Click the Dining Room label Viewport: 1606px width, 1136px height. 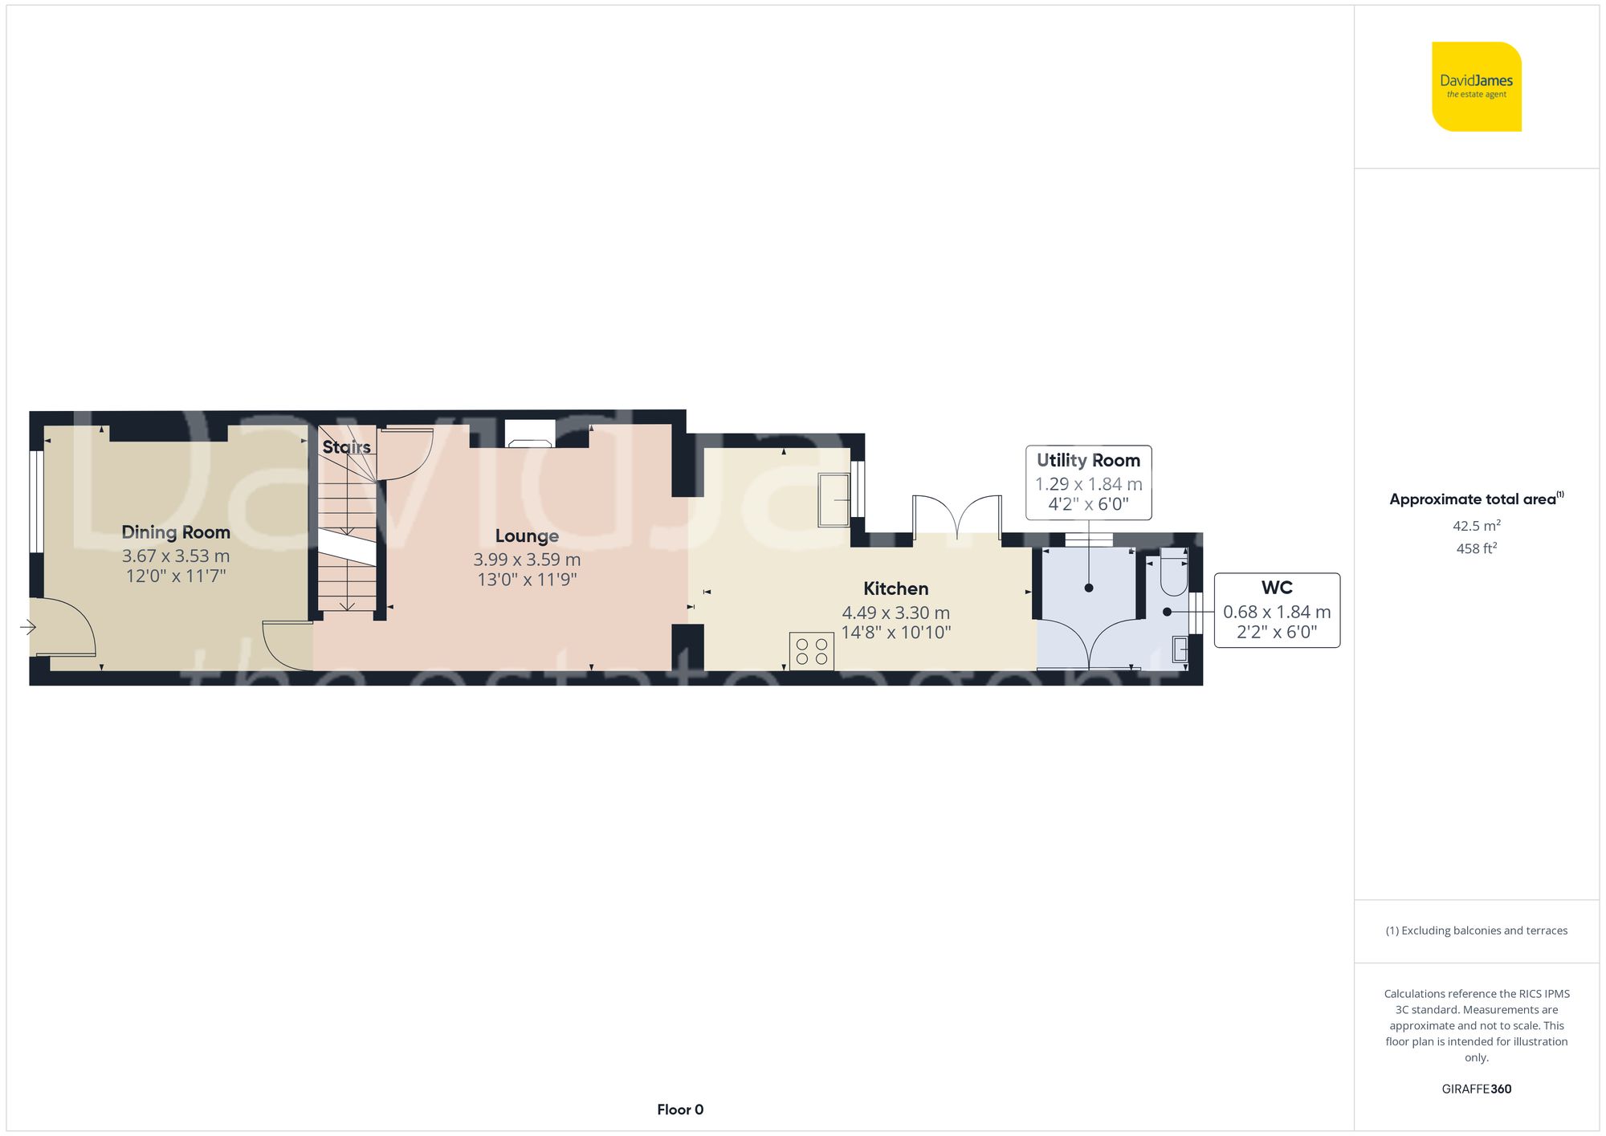(176, 532)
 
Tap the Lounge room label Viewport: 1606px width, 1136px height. (527, 536)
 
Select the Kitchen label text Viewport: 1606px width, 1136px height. (895, 588)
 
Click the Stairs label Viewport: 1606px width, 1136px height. (346, 447)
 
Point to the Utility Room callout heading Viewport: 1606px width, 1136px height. (1088, 461)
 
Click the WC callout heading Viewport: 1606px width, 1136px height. (1277, 588)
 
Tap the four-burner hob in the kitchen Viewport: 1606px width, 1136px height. (812, 651)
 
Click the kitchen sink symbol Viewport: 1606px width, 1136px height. (834, 500)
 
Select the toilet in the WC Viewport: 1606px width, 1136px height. (1174, 572)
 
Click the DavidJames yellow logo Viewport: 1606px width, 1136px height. (1477, 87)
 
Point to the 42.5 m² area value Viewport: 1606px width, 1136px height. (1477, 526)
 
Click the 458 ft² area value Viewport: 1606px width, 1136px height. (1477, 548)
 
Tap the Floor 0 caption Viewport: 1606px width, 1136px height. (680, 1110)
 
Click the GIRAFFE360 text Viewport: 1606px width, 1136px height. (1477, 1089)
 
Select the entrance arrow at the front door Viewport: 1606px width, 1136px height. (28, 627)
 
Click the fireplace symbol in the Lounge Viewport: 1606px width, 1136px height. (530, 434)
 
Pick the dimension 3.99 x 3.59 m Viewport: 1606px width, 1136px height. (527, 560)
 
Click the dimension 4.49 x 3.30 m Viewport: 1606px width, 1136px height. (895, 613)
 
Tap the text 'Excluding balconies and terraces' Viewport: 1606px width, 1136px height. (1485, 930)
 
